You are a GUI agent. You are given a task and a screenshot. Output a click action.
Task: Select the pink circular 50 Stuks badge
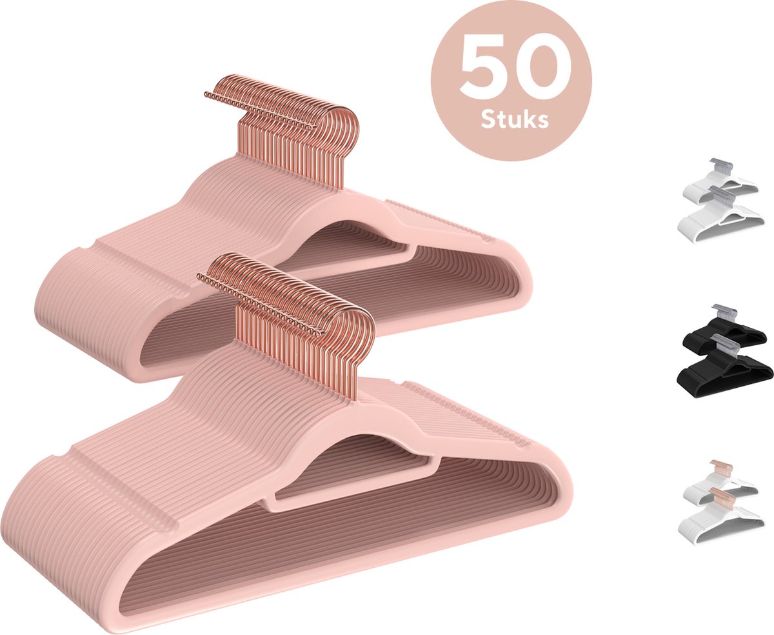tap(511, 81)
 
